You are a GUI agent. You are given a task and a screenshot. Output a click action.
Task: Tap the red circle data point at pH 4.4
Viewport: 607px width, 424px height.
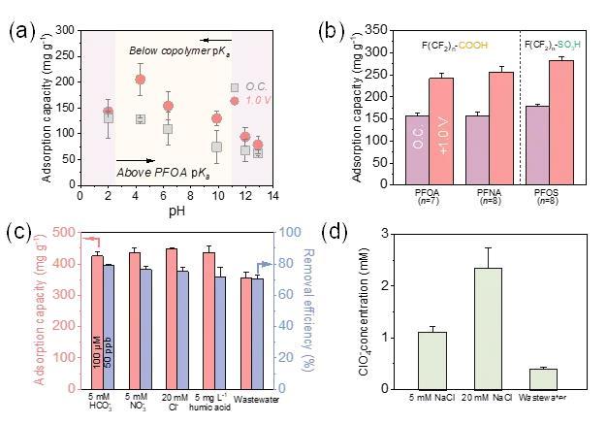pyautogui.click(x=140, y=80)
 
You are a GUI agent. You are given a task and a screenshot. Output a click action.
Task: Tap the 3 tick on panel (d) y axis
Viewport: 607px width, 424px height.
pyautogui.click(x=386, y=234)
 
